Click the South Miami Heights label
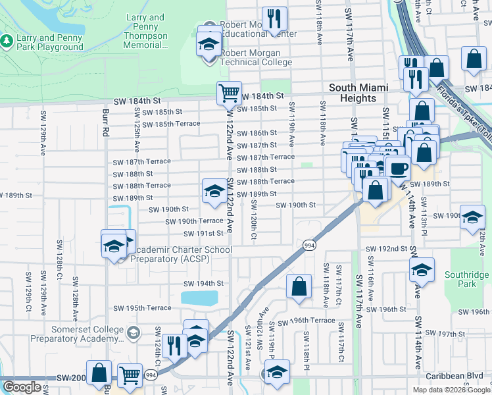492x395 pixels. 358,93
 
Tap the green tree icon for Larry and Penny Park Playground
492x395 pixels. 8,41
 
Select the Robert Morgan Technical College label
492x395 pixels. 256,57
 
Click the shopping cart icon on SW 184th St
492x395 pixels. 229,93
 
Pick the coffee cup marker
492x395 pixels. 397,168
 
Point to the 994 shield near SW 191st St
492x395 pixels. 308,245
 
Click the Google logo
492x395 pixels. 22,387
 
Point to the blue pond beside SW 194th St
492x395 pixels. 199,298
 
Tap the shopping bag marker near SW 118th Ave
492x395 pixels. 299,286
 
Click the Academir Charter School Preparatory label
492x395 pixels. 179,254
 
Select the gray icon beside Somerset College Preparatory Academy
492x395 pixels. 135,333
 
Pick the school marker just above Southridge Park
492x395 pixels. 422,269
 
